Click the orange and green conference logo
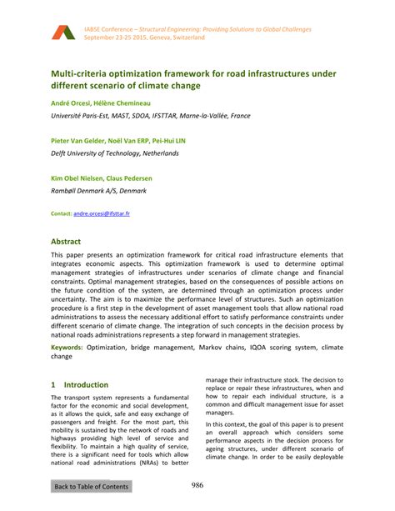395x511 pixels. pyautogui.click(x=62, y=33)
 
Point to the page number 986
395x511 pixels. pyautogui.click(x=197, y=486)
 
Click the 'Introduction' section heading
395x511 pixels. pyautogui.click(x=87, y=385)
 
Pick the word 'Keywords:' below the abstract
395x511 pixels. pyautogui.click(x=72, y=346)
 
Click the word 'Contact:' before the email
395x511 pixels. pyautogui.click(x=61, y=213)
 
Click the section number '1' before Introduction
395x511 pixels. pyautogui.click(x=54, y=385)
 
